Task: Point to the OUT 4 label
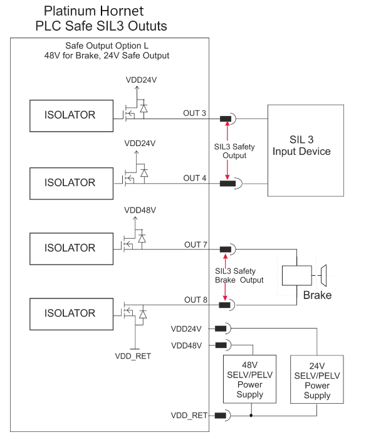pyautogui.click(x=195, y=178)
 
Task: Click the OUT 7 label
pyautogui.click(x=196, y=245)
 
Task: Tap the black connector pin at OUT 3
pyautogui.click(x=226, y=118)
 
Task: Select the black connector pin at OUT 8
pyautogui.click(x=224, y=305)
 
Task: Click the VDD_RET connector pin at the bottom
pyautogui.click(x=221, y=415)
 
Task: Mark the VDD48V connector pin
pyautogui.click(x=221, y=345)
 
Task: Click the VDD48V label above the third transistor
pyautogui.click(x=140, y=210)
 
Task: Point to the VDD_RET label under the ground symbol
pyautogui.click(x=133, y=356)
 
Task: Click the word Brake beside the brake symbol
pyautogui.click(x=317, y=295)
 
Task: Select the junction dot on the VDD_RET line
pyautogui.click(x=251, y=416)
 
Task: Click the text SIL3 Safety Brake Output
pyautogui.click(x=239, y=275)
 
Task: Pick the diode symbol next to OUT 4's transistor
pyautogui.click(x=144, y=173)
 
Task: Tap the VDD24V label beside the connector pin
pyautogui.click(x=186, y=329)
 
